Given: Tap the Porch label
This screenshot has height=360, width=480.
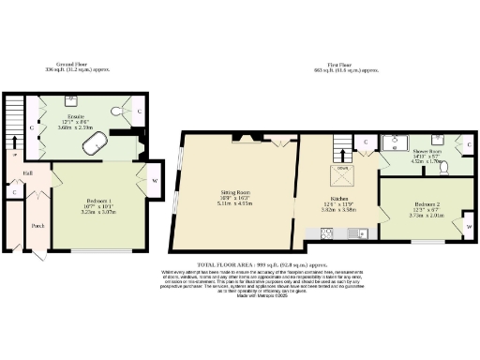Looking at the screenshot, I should coord(37,225).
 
